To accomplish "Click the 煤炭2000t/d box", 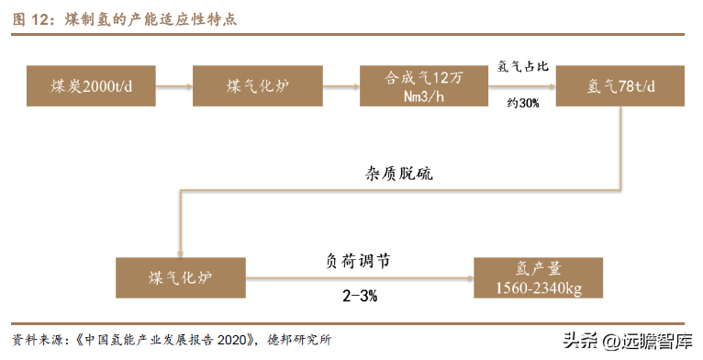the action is point(91,85).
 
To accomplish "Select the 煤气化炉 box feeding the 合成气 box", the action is point(258,85).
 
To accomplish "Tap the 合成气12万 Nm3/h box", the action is point(424,85).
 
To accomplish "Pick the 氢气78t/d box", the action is point(620,85).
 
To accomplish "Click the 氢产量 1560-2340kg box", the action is point(538,278).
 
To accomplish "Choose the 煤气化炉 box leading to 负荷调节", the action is point(181,278).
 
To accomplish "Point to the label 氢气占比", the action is point(522,66).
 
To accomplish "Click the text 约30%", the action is point(523,103).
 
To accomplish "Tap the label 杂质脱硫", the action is point(399,174).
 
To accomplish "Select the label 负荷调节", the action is point(358,261).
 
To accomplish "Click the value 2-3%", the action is point(360,296).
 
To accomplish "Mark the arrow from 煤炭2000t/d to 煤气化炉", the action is point(174,85).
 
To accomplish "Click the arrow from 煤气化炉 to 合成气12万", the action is point(341,85).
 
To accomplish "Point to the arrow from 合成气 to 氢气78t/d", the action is point(522,85).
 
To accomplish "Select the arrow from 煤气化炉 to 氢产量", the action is point(360,278).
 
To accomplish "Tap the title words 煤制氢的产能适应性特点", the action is point(151,20).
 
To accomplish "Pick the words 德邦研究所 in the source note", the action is point(299,340).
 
